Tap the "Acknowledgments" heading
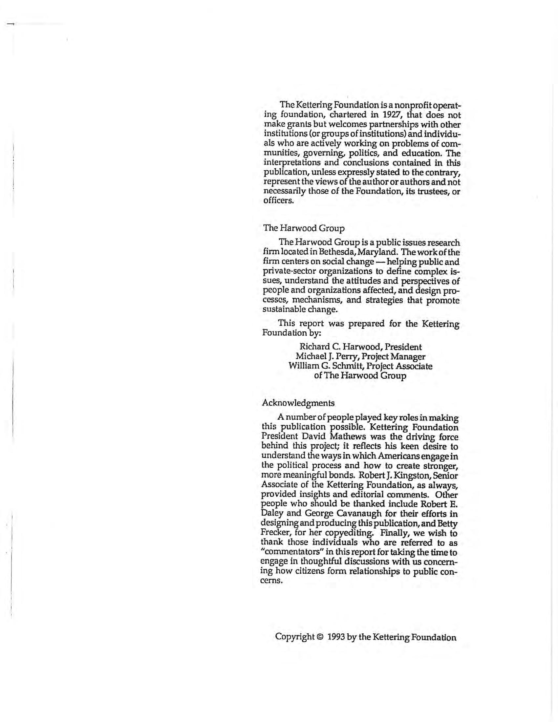pos(298,403)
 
